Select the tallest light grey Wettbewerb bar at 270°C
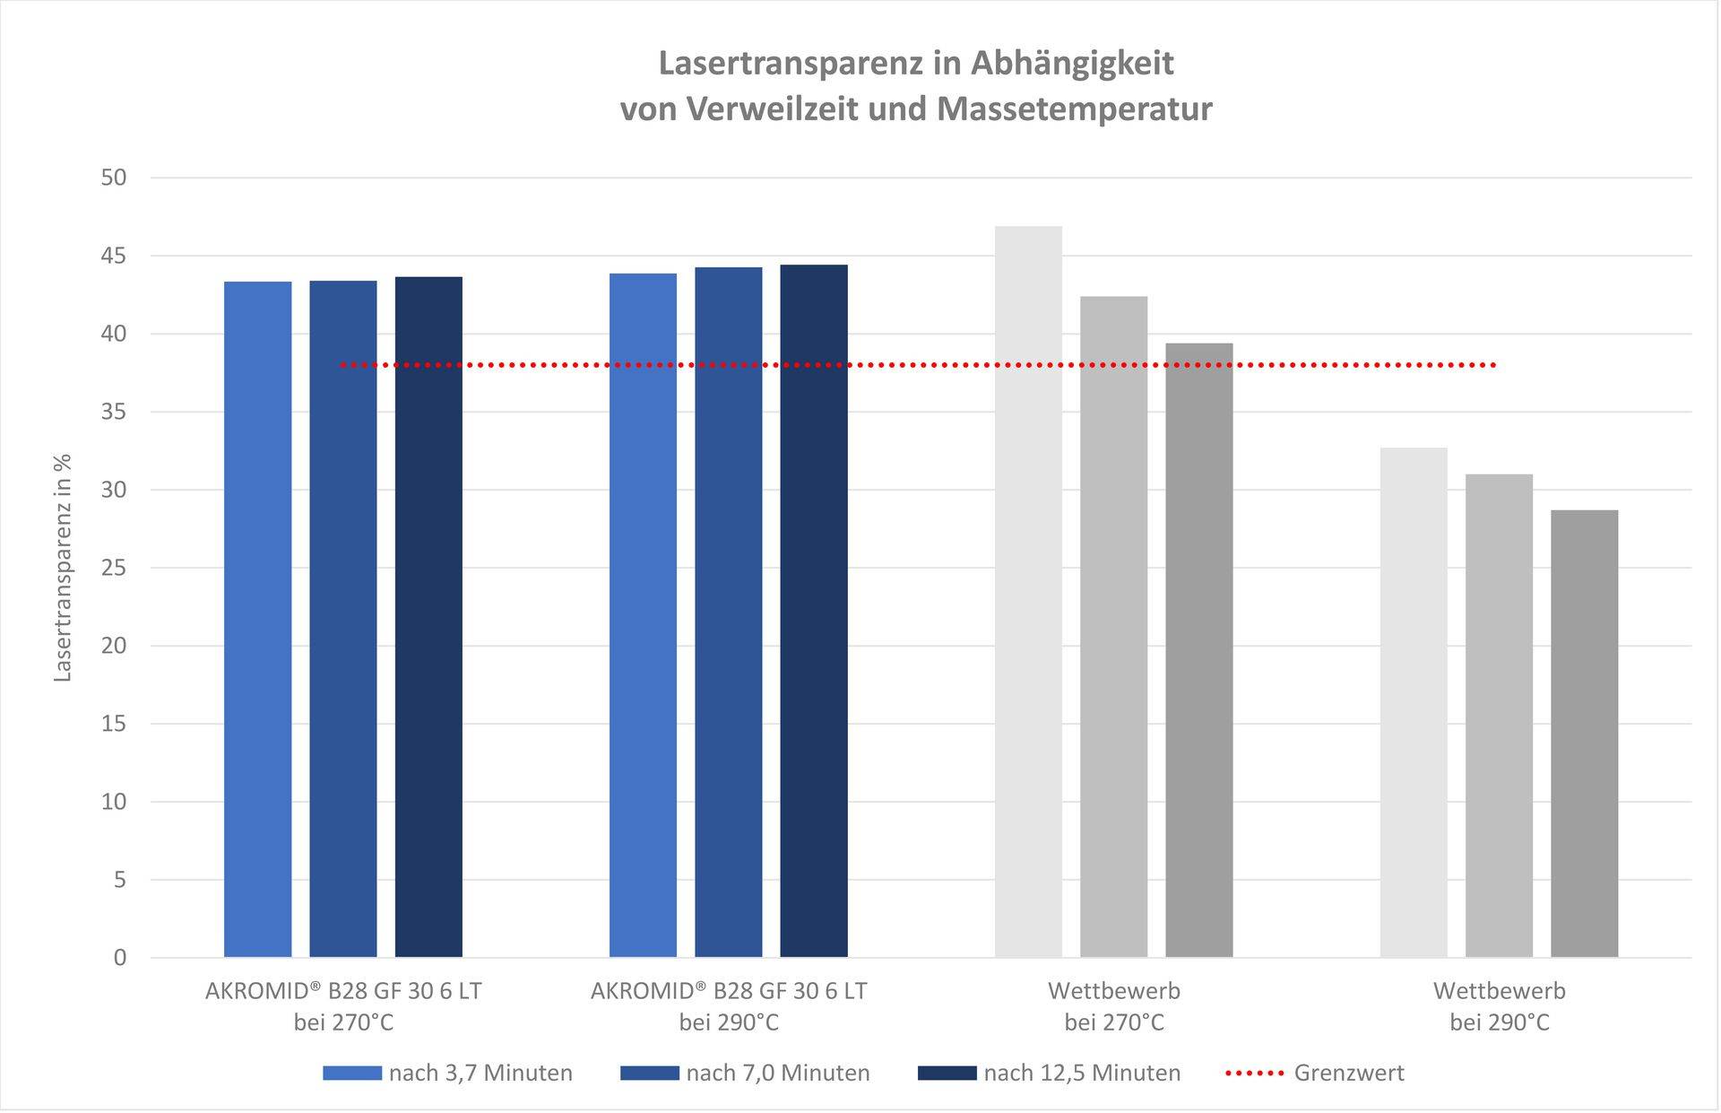pyautogui.click(x=1028, y=592)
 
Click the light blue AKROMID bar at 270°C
pyautogui.click(x=257, y=619)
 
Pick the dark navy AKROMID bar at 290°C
pyautogui.click(x=813, y=611)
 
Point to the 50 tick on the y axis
pyautogui.click(x=114, y=178)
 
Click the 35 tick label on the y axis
pyautogui.click(x=114, y=413)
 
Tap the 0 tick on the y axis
pyautogui.click(x=120, y=958)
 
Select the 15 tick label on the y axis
pyautogui.click(x=114, y=724)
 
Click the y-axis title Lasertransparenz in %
pyautogui.click(x=63, y=568)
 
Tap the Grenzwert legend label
pyautogui.click(x=1348, y=1073)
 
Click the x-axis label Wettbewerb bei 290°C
pyautogui.click(x=1499, y=1006)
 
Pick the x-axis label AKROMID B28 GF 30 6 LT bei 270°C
pyautogui.click(x=343, y=1006)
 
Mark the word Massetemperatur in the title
pyautogui.click(x=1074, y=109)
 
